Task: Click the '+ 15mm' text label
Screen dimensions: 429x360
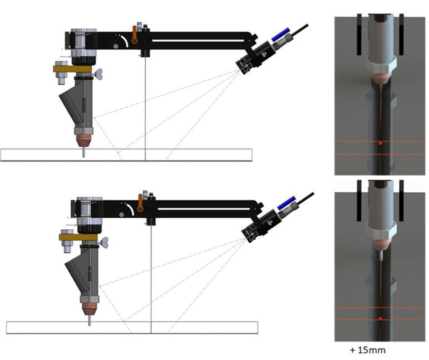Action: point(368,350)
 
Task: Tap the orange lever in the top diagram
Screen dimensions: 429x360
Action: point(134,35)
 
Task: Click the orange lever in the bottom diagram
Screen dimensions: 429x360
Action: point(140,203)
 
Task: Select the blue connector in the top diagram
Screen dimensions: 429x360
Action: point(281,34)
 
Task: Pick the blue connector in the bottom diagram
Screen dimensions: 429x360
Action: point(287,203)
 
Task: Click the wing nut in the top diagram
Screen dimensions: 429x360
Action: point(98,74)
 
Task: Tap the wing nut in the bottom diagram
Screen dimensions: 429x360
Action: point(104,242)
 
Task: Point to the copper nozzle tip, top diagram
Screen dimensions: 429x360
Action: point(84,141)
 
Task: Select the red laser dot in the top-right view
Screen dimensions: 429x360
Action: point(380,144)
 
